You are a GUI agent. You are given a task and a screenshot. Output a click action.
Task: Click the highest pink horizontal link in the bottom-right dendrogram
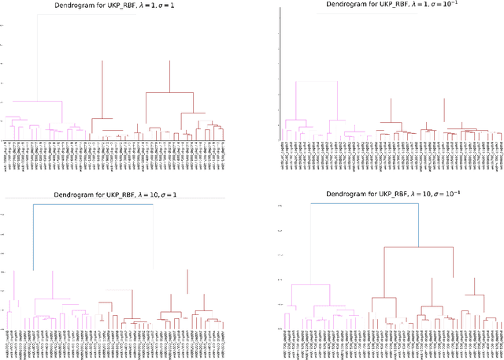point(309,284)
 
